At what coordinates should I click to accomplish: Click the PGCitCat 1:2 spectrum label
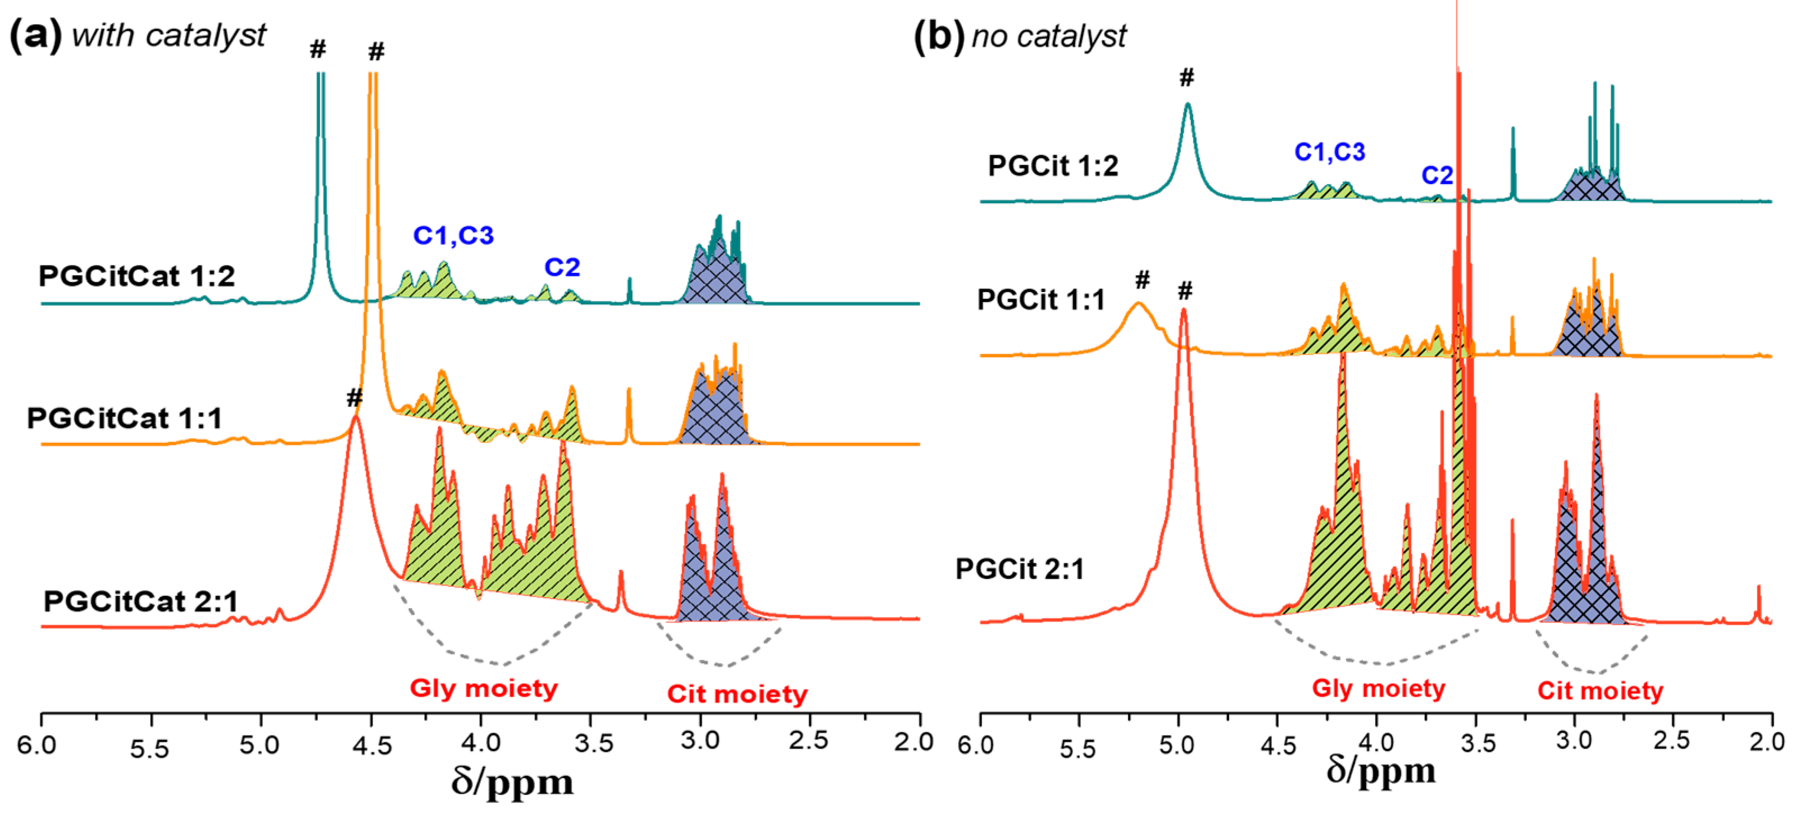tap(137, 277)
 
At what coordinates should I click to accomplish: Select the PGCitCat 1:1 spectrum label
tap(124, 419)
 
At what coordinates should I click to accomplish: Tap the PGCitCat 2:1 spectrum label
tap(140, 601)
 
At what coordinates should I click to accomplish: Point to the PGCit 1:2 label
tap(1052, 166)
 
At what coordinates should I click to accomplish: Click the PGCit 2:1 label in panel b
tap(1020, 569)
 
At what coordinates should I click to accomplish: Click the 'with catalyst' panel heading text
tap(169, 35)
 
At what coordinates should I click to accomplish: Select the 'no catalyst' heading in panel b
tap(1049, 36)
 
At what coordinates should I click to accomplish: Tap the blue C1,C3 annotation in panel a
tap(453, 235)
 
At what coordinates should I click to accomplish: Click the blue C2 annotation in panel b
tap(1437, 175)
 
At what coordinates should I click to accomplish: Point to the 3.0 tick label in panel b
tap(1574, 741)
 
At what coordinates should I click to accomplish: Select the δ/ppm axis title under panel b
tap(1381, 771)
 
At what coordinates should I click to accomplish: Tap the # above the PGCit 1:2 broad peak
tap(1186, 78)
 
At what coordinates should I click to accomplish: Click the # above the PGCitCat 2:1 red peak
tap(354, 398)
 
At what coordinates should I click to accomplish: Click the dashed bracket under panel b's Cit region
tap(1594, 664)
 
